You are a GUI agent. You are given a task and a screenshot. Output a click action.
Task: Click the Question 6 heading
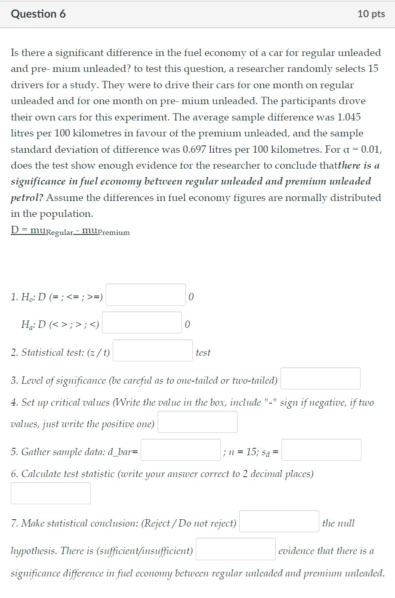pos(38,14)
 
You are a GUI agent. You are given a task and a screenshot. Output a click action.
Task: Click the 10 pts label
pos(371,14)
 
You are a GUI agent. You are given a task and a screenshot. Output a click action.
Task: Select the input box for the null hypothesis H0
pos(146,295)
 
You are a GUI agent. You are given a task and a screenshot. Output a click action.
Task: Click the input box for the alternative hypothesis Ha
pos(142,323)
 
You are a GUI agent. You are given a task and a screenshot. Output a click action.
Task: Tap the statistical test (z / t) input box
pos(153,351)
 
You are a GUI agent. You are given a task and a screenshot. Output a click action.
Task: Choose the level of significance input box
pos(320,379)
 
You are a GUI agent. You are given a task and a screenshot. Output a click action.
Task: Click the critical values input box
pos(197,422)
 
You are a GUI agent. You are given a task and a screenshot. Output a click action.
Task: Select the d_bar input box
pos(181,450)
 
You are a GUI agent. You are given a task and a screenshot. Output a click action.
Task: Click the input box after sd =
pos(321,450)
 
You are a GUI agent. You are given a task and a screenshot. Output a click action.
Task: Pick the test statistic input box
pos(51,493)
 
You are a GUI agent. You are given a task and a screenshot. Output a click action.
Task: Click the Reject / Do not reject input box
pos(279,521)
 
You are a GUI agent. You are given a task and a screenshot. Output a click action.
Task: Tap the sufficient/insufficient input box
pos(236,549)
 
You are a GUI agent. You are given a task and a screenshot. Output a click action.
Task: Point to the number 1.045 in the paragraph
pos(349,117)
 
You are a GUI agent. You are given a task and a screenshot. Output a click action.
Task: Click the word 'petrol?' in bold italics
pos(27,198)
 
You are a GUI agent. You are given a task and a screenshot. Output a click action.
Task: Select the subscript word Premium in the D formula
pos(114,233)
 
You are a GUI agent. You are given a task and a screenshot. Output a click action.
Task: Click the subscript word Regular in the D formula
pos(60,233)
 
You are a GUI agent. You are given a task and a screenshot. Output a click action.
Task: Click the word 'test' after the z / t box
pos(203,353)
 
